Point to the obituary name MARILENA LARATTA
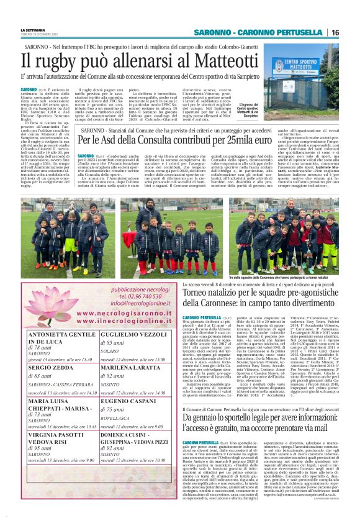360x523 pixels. click(x=125, y=368)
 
